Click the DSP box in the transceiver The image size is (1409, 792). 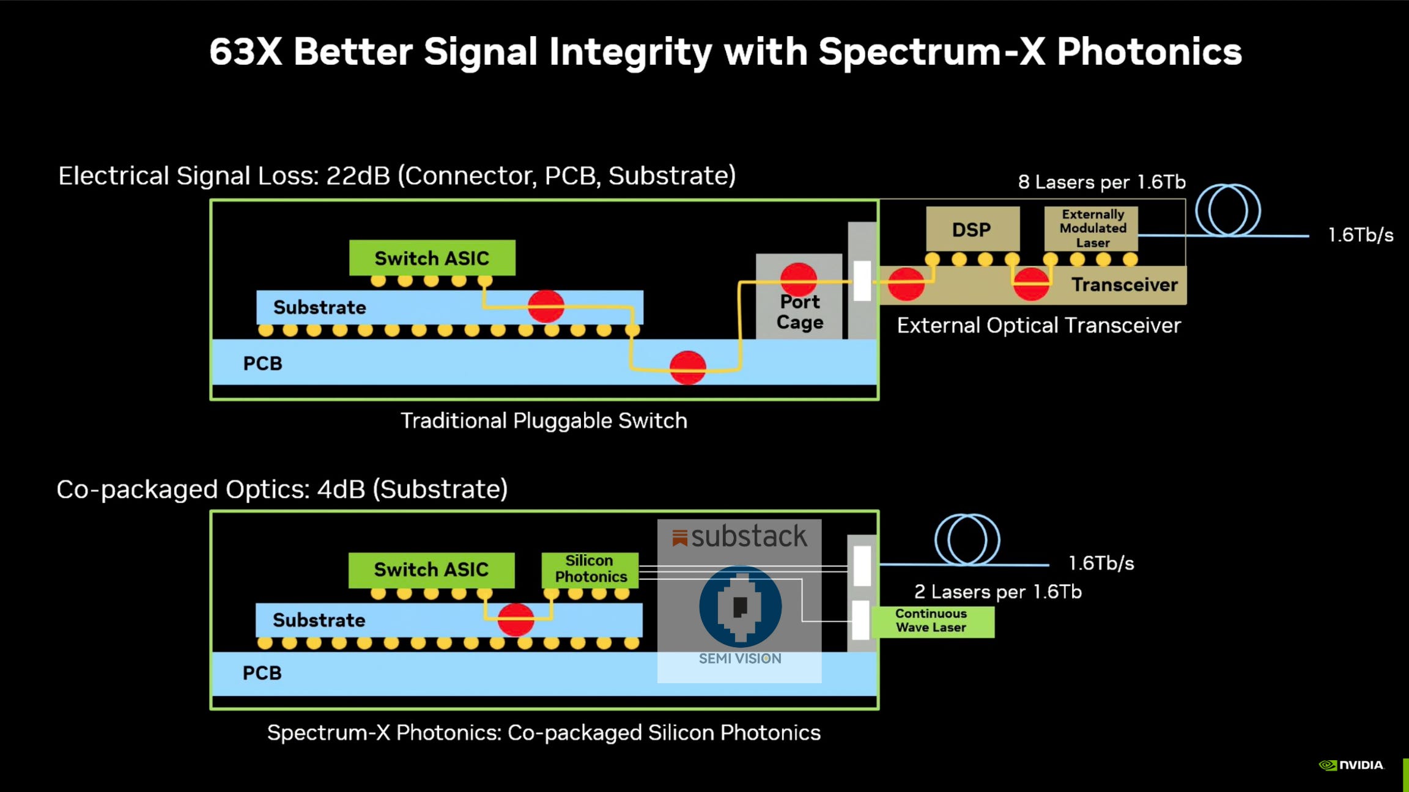coord(972,229)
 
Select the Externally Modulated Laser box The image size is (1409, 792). coord(1092,229)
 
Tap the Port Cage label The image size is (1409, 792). coord(799,312)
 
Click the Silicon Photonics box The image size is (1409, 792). coord(590,569)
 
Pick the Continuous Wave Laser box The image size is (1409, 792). coord(932,621)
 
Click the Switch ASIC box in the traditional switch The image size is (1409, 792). coord(432,258)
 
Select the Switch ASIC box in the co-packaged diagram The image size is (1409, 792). coord(431,570)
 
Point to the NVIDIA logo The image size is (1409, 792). coord(1352,765)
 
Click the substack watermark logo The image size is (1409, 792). coord(739,537)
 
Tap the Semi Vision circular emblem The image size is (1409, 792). coord(740,606)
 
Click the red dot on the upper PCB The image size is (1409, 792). coord(688,367)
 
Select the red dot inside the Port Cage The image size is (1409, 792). coord(799,280)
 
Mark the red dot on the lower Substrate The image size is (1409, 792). coord(516,620)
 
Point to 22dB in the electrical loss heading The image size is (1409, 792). coord(358,176)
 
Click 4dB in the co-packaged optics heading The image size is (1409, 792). coord(341,490)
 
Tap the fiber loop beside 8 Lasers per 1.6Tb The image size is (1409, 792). coord(1228,210)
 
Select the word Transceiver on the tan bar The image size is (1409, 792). coord(1124,285)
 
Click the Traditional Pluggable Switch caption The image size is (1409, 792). coord(544,421)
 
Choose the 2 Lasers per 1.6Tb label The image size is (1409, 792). coord(997,592)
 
